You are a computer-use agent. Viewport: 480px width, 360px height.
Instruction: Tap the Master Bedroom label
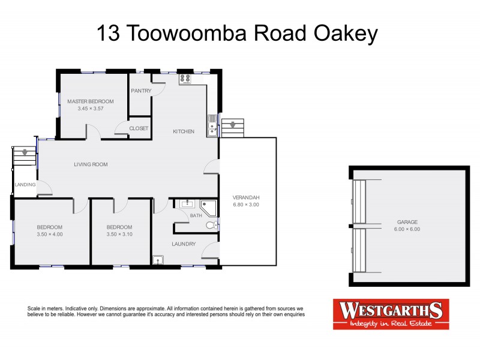point(90,101)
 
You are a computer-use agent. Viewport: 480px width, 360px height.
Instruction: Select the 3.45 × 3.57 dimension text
point(90,109)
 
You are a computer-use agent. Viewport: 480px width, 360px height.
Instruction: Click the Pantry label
point(140,91)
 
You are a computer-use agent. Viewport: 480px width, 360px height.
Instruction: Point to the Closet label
point(139,128)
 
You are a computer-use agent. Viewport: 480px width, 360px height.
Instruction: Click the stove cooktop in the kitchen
point(185,79)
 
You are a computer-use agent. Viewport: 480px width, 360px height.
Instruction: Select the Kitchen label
point(184,131)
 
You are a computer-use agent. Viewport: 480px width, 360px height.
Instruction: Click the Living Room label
point(91,164)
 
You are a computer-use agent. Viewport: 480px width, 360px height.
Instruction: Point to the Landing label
point(25,185)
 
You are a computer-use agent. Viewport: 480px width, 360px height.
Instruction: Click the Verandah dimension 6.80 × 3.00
point(247,205)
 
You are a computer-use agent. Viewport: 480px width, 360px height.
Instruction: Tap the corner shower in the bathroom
point(209,208)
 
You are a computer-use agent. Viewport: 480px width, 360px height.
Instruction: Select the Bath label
point(196,215)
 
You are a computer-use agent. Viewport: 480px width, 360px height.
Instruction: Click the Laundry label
point(184,244)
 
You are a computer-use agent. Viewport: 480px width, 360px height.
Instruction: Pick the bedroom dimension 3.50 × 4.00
point(49,235)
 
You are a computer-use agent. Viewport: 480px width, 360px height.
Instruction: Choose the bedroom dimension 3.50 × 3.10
point(119,235)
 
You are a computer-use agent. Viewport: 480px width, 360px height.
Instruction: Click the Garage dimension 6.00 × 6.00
point(407,229)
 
